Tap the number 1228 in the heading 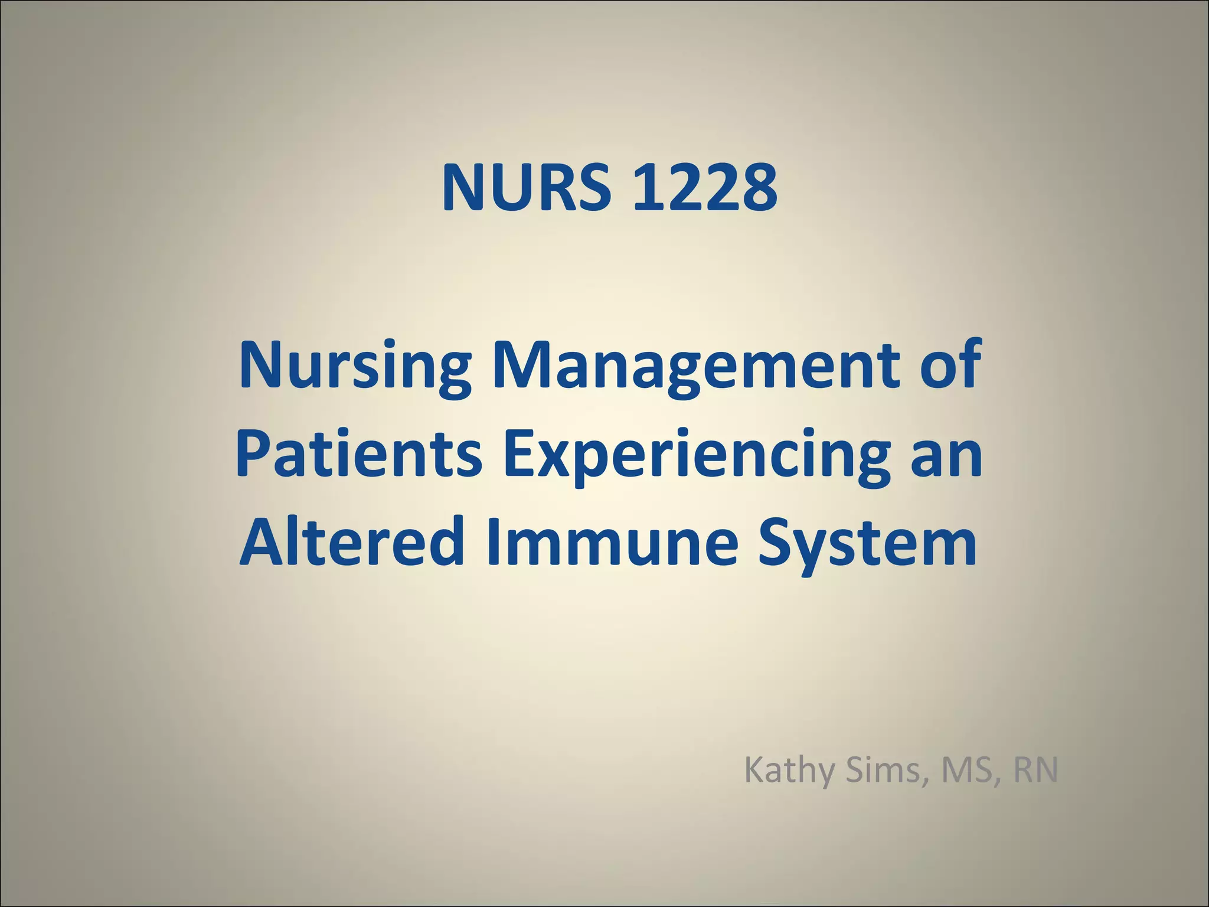[x=704, y=188]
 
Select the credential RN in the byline [x=1035, y=771]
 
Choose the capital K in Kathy [x=753, y=771]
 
